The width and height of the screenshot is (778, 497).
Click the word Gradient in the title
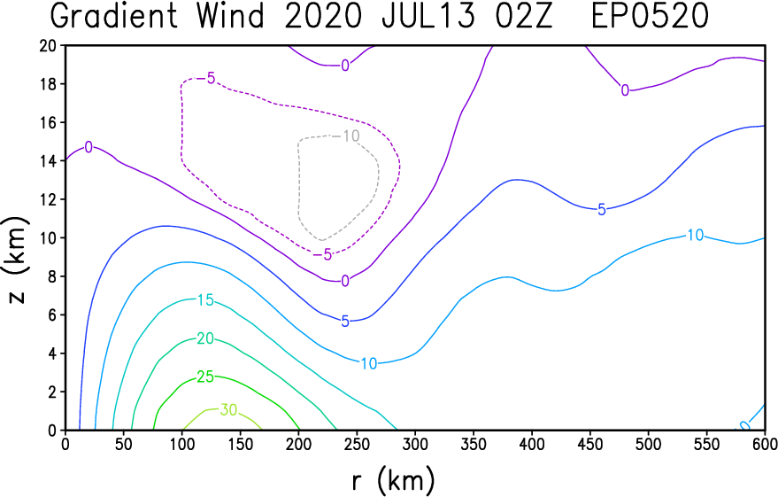click(x=114, y=16)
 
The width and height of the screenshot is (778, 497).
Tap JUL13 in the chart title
click(x=428, y=16)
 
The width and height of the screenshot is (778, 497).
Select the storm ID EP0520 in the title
click(x=650, y=16)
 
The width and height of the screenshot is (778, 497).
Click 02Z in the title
click(x=524, y=16)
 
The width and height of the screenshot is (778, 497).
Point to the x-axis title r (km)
click(x=393, y=480)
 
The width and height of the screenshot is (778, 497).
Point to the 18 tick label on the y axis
click(x=49, y=84)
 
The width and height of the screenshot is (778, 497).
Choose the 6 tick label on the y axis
click(x=53, y=315)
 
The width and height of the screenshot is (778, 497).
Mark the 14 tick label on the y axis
click(x=49, y=161)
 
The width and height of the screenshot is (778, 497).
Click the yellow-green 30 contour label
click(x=228, y=409)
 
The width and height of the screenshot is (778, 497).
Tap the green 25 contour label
click(x=205, y=377)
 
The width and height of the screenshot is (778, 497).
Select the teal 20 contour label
click(x=205, y=338)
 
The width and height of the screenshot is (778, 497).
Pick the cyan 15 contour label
click(x=205, y=300)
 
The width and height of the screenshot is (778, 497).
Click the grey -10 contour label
click(x=349, y=136)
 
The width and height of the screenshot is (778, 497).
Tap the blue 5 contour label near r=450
click(x=602, y=210)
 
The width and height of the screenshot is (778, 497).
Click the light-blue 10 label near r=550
click(x=696, y=235)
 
